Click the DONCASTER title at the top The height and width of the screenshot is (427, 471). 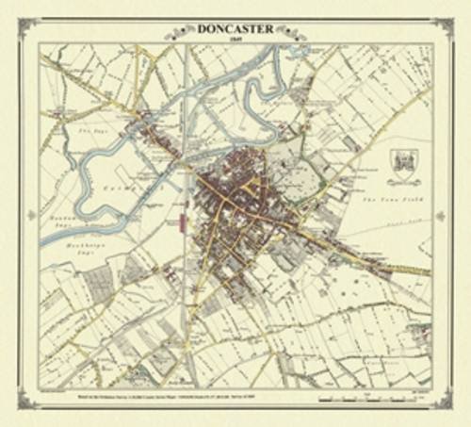235,29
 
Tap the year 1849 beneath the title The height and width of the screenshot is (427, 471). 235,41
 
